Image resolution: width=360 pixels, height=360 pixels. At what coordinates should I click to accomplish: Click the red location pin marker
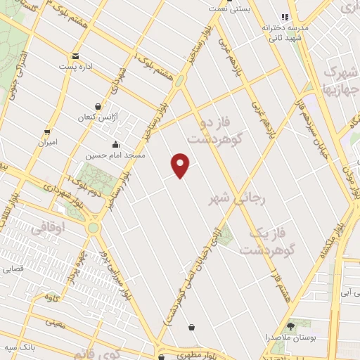(181, 165)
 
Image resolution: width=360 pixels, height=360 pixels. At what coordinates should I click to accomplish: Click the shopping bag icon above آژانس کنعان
(98, 106)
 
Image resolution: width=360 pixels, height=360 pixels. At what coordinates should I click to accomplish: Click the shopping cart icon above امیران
(47, 131)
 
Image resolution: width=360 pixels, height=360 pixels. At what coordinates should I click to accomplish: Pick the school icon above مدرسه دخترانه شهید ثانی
(285, 17)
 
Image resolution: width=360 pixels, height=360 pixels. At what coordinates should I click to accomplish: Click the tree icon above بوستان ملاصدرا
(291, 326)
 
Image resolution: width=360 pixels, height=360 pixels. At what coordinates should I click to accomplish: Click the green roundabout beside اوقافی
(93, 228)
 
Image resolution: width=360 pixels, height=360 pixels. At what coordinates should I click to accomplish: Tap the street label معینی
(54, 323)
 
